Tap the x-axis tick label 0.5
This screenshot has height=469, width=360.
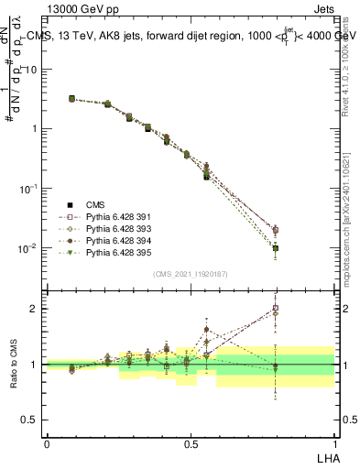[191, 442]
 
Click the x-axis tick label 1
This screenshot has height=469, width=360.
[333, 442]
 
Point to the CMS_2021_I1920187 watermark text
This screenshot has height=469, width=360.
[190, 273]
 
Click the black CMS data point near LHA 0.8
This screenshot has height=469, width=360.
[276, 248]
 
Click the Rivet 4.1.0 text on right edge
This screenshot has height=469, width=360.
[352, 64]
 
